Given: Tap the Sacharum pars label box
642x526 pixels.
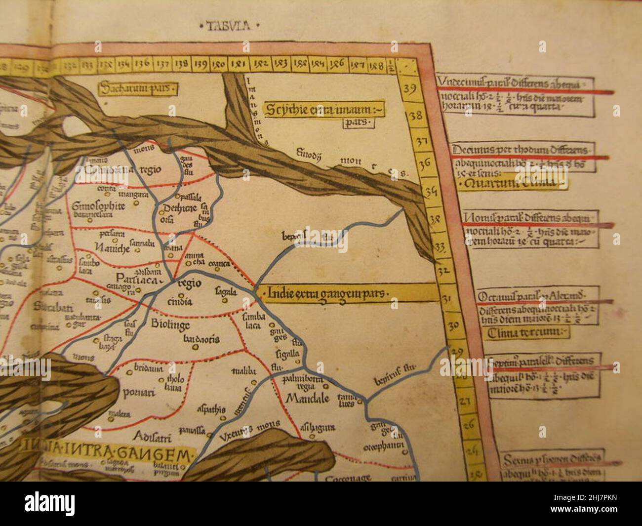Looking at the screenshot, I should click(138, 89).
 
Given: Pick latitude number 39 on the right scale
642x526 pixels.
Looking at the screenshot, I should click(409, 89).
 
